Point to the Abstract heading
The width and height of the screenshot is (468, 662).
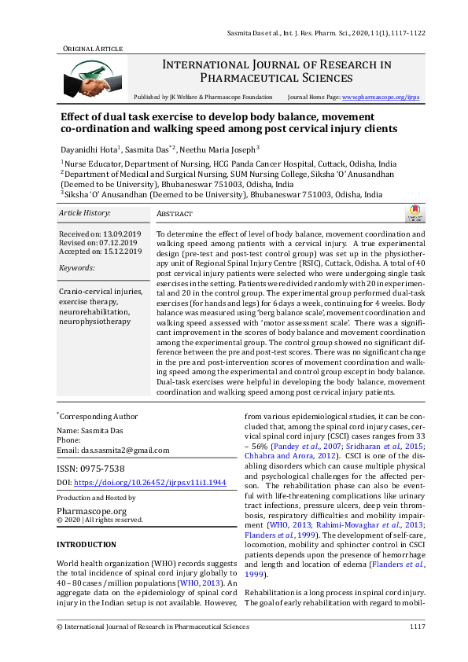pyautogui.click(x=175, y=214)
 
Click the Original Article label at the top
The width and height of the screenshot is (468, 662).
pyautogui.click(x=92, y=49)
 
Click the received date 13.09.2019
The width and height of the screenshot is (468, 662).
pyautogui.click(x=121, y=235)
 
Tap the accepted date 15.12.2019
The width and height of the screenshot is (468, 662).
pyautogui.click(x=121, y=252)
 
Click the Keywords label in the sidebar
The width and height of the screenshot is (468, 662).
pyautogui.click(x=76, y=268)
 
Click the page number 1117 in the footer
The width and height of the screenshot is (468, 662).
pyautogui.click(x=417, y=627)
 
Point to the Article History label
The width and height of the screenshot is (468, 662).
pyautogui.click(x=85, y=213)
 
